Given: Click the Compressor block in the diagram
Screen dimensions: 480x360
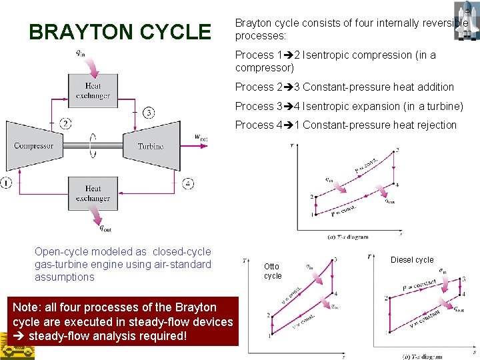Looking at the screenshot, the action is click(x=34, y=145).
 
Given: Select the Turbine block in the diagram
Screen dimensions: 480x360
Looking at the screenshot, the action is click(x=151, y=145).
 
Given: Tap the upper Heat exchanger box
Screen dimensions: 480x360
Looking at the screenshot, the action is click(x=93, y=91).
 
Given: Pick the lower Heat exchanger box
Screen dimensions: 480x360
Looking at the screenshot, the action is click(x=93, y=193).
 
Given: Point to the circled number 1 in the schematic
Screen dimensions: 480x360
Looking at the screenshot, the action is click(x=7, y=183).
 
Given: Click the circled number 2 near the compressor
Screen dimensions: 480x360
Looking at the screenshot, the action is click(x=65, y=123).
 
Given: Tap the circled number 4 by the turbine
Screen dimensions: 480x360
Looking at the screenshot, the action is click(x=189, y=183).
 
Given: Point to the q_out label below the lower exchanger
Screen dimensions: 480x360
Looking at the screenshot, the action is click(x=105, y=229).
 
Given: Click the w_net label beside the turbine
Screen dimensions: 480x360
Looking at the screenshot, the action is click(x=201, y=137).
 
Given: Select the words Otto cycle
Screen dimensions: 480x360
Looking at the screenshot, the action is click(x=273, y=271).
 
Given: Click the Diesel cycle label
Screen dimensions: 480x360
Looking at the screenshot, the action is click(x=412, y=259).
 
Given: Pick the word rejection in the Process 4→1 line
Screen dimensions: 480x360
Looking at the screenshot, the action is click(x=436, y=125).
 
